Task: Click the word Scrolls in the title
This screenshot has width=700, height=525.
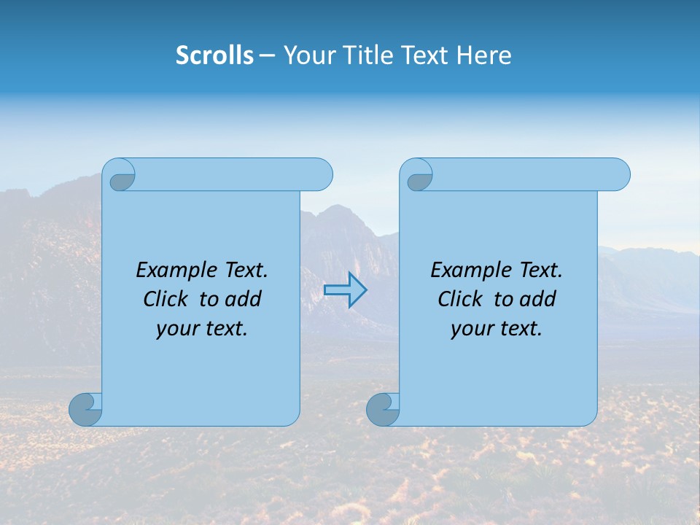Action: pos(214,55)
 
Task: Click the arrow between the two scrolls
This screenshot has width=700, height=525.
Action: pos(346,289)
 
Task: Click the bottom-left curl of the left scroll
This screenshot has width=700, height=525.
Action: pos(85,409)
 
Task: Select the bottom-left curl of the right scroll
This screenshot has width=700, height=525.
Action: pos(383,409)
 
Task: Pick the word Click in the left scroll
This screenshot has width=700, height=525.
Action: pos(166,299)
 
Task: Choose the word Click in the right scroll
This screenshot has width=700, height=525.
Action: pos(460,299)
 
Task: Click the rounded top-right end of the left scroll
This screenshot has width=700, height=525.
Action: pos(321,174)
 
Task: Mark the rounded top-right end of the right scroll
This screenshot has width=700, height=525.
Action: pos(618,174)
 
